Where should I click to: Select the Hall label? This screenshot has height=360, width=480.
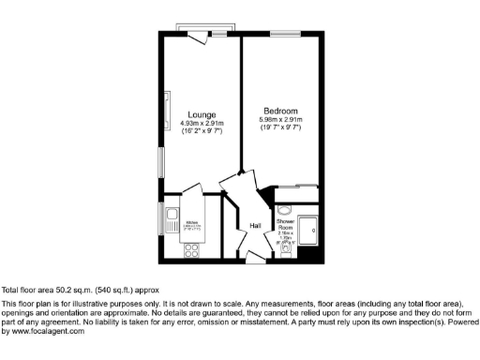pyautogui.click(x=255, y=226)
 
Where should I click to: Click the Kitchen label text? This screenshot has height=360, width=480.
pyautogui.click(x=190, y=221)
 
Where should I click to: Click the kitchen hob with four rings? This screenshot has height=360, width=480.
pyautogui.click(x=192, y=250)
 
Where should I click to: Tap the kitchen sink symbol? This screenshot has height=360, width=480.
pyautogui.click(x=172, y=221)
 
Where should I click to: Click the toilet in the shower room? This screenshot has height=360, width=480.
pyautogui.click(x=288, y=250)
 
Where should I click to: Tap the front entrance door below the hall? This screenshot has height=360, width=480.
pyautogui.click(x=254, y=257)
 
